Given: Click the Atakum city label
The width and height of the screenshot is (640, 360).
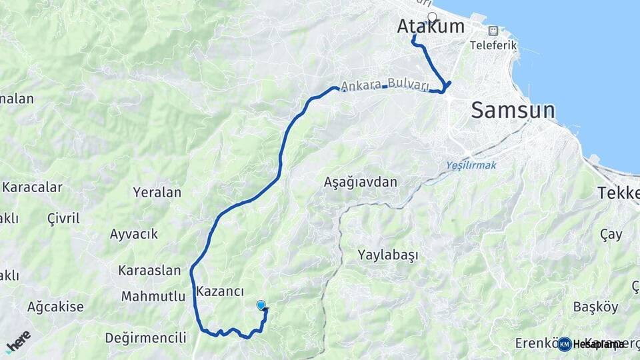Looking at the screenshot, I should click(x=431, y=26).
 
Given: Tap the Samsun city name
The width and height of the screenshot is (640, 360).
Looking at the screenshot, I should click(x=513, y=110).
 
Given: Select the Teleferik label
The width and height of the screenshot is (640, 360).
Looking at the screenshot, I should click(x=494, y=45).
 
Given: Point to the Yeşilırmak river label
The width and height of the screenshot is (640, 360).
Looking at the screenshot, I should click(x=471, y=165).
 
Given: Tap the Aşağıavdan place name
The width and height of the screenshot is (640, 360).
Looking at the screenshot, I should click(x=360, y=181).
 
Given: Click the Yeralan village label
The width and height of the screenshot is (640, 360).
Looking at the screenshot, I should click(x=157, y=193).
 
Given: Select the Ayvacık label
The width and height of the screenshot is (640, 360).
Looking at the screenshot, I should click(x=133, y=234).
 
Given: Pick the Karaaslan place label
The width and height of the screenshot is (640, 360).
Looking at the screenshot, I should click(x=149, y=270).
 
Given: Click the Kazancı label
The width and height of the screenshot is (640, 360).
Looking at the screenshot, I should click(x=220, y=291).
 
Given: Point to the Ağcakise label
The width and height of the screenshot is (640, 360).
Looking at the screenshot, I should click(x=55, y=307).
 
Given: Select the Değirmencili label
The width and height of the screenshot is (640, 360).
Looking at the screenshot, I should click(x=145, y=338).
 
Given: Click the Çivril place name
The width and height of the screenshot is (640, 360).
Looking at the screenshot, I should click(x=63, y=218).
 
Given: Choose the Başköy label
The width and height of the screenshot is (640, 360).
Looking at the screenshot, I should click(x=595, y=307).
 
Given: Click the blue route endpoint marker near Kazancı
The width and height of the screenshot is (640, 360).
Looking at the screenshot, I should click(x=261, y=305).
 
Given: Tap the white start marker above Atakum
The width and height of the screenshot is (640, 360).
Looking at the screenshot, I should click(x=432, y=17).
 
